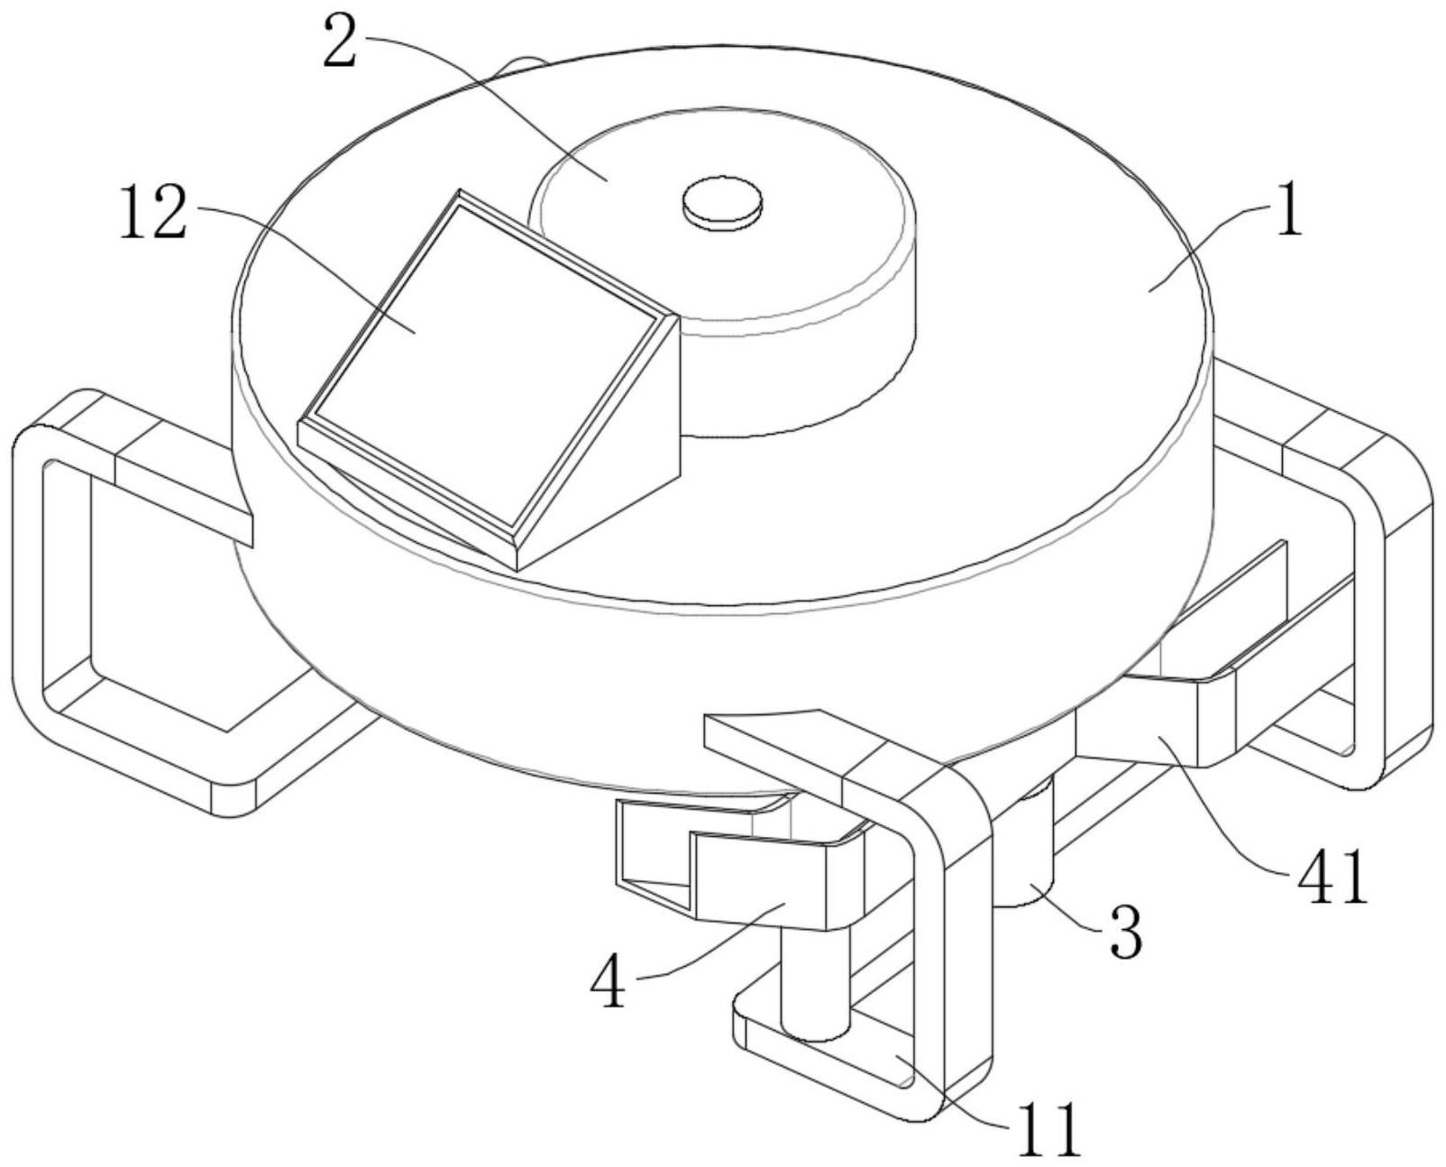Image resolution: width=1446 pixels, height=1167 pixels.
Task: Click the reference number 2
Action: tap(342, 41)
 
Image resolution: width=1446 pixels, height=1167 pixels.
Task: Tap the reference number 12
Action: tap(153, 213)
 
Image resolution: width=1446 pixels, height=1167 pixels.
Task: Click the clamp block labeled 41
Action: tap(1156, 732)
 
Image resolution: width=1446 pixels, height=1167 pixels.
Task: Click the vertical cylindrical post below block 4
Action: tap(814, 981)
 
